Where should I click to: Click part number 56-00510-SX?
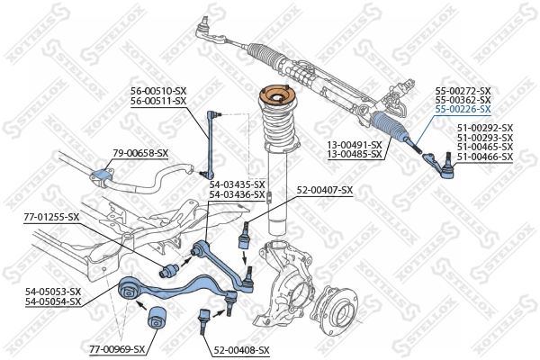[157, 91]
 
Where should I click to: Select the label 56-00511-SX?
[157, 101]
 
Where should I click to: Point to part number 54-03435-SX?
[237, 184]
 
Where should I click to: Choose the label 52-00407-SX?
[325, 190]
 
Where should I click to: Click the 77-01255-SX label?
[51, 217]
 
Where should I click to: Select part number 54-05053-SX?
[53, 292]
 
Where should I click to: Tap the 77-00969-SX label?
[114, 348]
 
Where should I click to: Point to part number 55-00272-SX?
[463, 91]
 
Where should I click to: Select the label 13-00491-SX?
[354, 145]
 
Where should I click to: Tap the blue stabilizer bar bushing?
[100, 171]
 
